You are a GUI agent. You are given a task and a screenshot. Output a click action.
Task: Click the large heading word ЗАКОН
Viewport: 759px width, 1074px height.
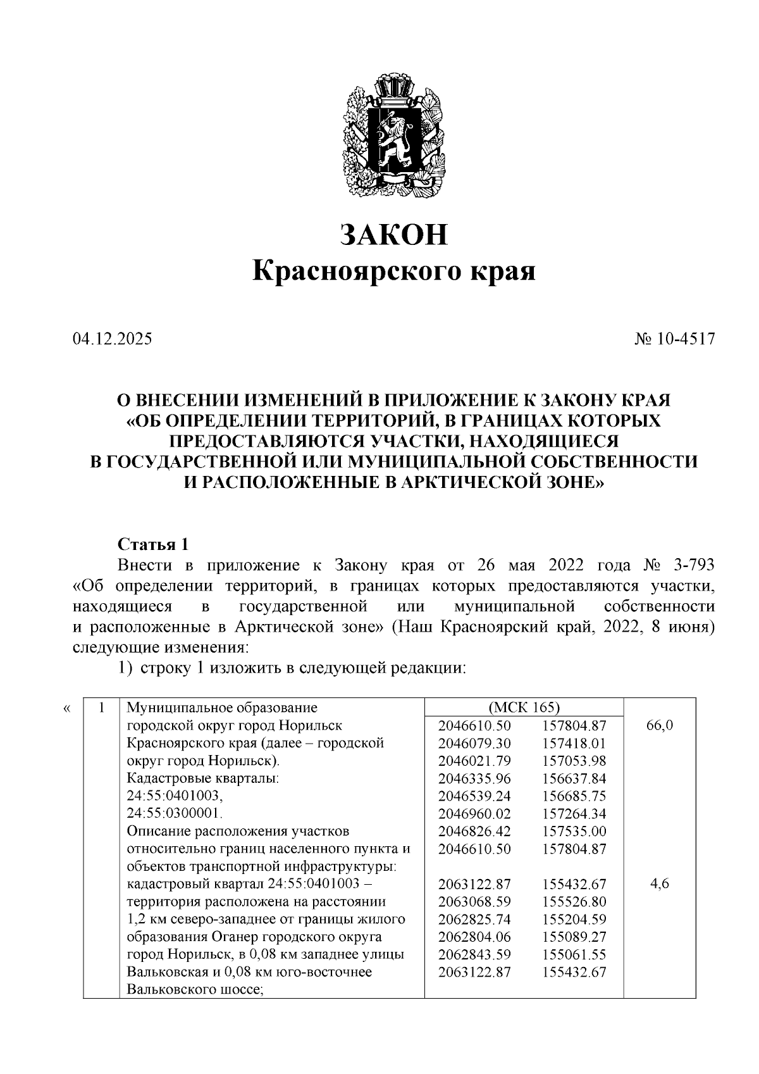click(x=393, y=234)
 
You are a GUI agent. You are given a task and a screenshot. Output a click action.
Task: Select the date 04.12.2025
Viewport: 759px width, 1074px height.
click(x=112, y=339)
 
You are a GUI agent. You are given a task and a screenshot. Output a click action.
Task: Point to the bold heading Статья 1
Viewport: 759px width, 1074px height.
click(x=153, y=544)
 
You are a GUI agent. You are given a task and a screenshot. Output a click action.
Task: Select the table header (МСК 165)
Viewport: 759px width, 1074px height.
click(x=524, y=708)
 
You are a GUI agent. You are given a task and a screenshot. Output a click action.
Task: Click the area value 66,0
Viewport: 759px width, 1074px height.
click(x=660, y=725)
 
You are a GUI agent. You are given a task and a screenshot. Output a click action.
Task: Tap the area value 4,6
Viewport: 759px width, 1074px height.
click(x=660, y=884)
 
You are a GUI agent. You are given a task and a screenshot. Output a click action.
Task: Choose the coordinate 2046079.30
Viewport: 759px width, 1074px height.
click(x=474, y=743)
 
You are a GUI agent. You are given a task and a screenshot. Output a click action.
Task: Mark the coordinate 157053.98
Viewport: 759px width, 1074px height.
click(x=574, y=761)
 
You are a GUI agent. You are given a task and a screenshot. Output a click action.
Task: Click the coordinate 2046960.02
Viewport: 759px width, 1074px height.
click(x=474, y=813)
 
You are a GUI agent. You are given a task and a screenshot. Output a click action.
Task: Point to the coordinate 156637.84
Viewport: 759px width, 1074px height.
click(x=574, y=778)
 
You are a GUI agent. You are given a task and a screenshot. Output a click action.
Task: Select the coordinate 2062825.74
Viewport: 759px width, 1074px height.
click(x=474, y=919)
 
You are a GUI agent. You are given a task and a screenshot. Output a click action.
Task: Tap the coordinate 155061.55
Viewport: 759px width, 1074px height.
click(x=574, y=954)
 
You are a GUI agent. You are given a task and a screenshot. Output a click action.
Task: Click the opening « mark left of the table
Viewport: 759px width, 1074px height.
click(x=67, y=708)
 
